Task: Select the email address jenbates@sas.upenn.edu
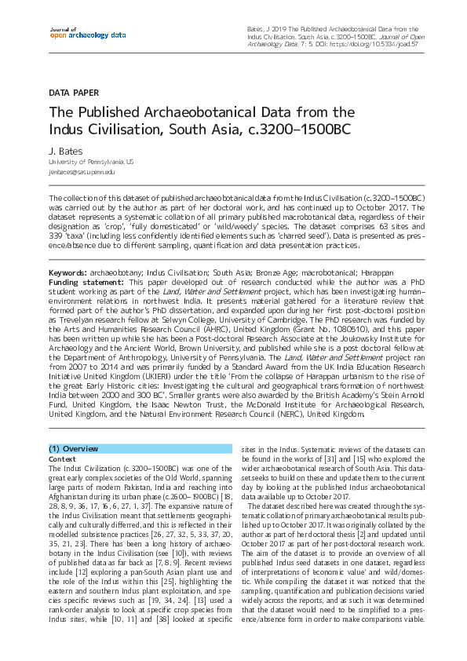(82, 171)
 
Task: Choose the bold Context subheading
(62, 458)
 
